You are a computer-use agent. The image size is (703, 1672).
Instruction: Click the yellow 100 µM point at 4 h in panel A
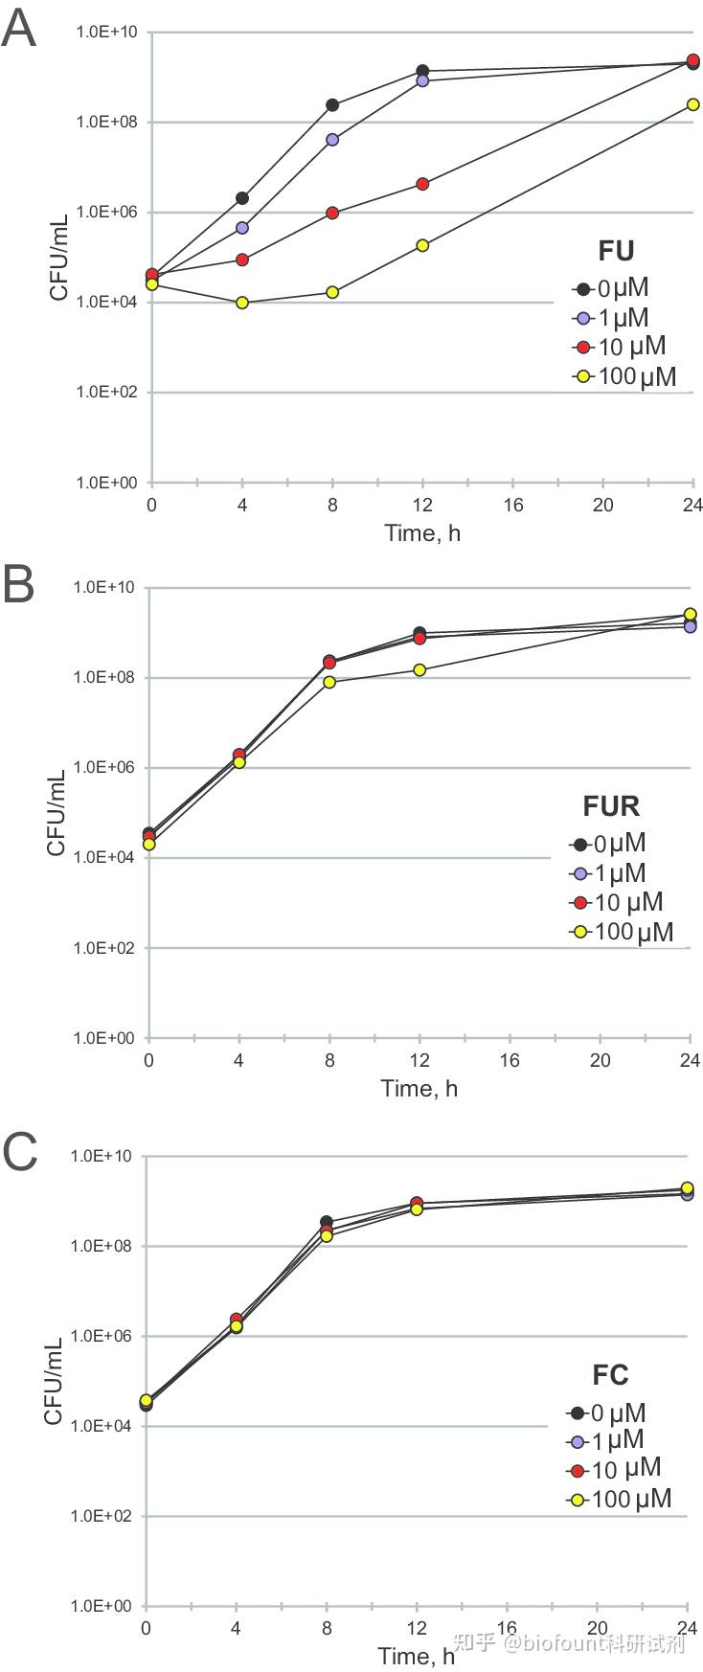coord(242,303)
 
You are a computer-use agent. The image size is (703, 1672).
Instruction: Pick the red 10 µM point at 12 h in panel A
coord(422,184)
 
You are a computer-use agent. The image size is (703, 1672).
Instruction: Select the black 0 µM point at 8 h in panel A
coord(332,104)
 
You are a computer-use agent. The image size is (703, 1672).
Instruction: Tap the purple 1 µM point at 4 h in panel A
coord(242,228)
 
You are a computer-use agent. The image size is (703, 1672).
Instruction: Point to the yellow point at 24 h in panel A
coord(692,104)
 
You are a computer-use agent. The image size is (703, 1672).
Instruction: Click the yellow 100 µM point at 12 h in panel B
coord(420,669)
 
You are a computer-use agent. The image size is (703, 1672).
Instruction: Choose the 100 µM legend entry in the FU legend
coord(624,376)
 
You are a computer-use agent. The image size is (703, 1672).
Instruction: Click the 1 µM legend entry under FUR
coord(608,872)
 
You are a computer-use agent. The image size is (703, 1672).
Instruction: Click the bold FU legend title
coord(616,251)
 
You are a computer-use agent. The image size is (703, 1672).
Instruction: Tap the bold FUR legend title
coord(611,805)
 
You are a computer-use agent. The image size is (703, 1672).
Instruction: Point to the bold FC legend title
coord(610,1375)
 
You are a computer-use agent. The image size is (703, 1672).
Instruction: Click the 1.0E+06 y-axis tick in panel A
coord(107,212)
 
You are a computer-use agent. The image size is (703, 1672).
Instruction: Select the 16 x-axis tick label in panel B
coord(510,1060)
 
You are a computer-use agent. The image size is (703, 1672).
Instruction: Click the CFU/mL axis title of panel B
coord(57,812)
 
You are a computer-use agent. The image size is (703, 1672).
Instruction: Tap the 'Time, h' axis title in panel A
coord(422,533)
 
